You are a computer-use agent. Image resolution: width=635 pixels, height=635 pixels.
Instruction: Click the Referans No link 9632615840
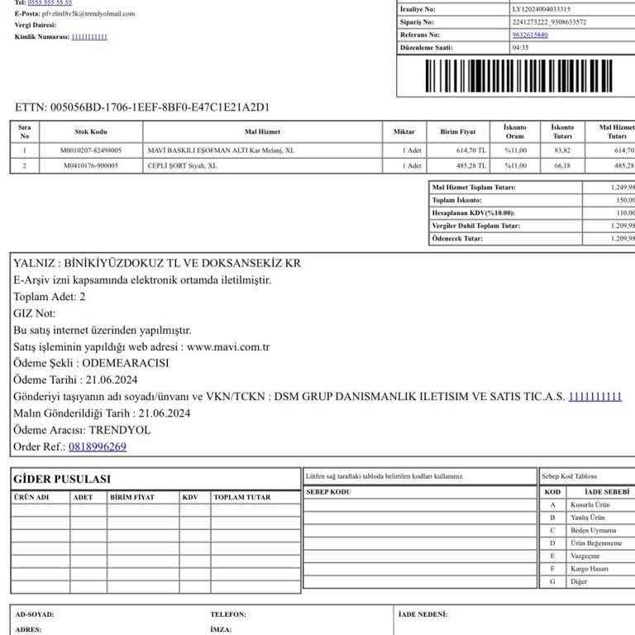(x=529, y=35)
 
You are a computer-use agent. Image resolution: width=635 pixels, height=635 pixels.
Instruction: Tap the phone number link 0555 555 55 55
(x=50, y=3)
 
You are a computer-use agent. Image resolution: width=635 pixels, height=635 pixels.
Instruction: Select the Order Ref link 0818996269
(x=98, y=446)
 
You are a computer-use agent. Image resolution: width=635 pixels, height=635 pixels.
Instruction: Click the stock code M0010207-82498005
(x=91, y=150)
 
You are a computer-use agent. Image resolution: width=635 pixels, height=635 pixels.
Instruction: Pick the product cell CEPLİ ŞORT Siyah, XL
(x=182, y=165)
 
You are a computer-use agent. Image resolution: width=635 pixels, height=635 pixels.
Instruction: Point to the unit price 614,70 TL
(x=471, y=150)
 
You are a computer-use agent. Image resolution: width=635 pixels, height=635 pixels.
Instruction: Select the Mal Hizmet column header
(x=262, y=132)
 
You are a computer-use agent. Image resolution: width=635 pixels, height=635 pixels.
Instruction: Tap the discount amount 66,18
(x=562, y=165)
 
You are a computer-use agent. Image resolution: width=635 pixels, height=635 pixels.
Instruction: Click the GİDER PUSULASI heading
(x=63, y=480)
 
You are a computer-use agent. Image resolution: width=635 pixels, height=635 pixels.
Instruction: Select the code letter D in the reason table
(x=552, y=543)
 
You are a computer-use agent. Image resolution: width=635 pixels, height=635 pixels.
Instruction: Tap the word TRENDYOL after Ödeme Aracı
(x=120, y=430)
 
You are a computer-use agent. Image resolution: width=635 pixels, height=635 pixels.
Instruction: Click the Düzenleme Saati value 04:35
(x=521, y=47)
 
